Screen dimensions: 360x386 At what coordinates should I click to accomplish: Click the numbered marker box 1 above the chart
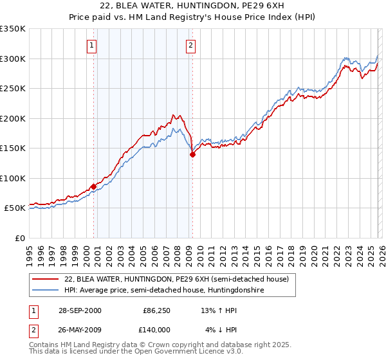[x=93, y=45]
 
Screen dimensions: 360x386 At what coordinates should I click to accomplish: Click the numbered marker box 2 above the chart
[x=192, y=45]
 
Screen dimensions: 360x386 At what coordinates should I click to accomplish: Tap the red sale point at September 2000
[x=94, y=186]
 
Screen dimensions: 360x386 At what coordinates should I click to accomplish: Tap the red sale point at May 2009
[x=192, y=154]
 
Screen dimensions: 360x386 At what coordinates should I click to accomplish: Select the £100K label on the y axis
[x=13, y=178]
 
